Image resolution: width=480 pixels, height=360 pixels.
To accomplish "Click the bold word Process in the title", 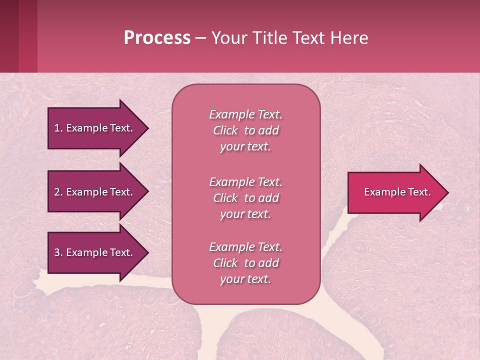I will (157, 38).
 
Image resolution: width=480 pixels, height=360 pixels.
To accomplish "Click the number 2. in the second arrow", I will (58, 192).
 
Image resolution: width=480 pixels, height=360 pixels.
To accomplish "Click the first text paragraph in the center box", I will (245, 130).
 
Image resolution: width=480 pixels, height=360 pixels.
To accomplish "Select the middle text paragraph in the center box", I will (245, 198).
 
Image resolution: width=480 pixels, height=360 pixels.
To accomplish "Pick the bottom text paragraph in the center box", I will (245, 263).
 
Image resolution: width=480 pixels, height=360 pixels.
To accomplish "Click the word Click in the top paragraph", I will (225, 130).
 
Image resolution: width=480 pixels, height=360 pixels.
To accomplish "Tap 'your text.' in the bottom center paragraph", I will (245, 279).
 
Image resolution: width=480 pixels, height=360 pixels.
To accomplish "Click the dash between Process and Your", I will (201, 38).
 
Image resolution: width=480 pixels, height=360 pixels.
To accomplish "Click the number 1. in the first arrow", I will (58, 128).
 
